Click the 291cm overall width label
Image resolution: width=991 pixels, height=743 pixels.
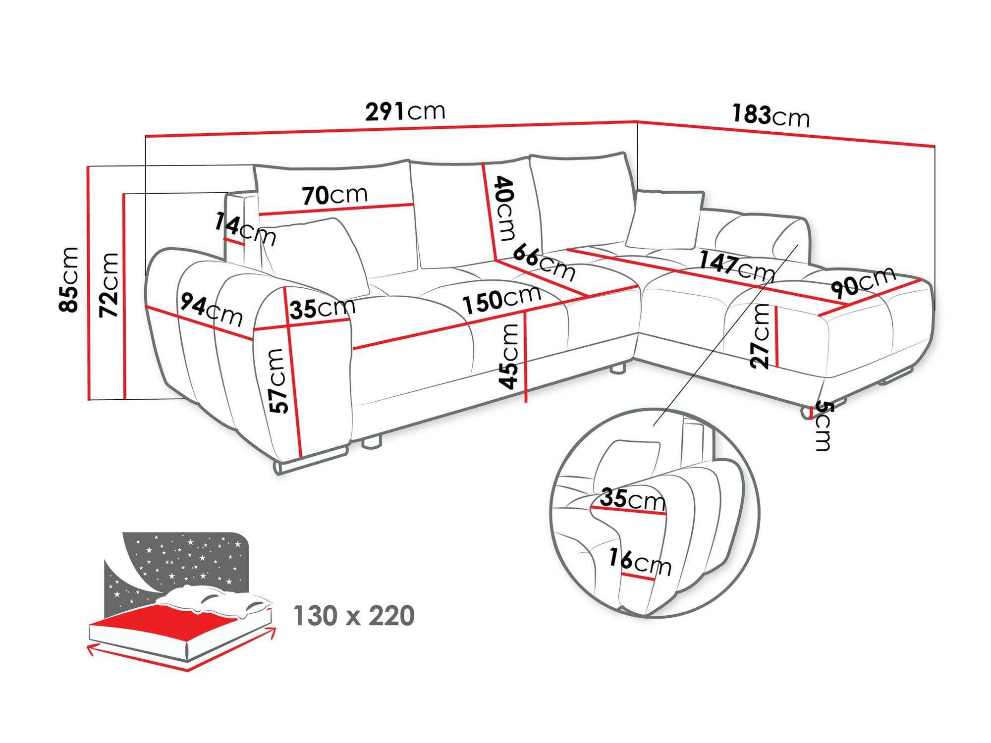coord(405,111)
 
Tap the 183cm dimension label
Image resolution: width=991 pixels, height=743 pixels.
coord(771,116)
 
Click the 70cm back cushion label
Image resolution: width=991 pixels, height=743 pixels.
coord(335,195)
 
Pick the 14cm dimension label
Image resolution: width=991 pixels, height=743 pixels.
coord(245,228)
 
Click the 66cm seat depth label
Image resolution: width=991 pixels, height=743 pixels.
coord(544,263)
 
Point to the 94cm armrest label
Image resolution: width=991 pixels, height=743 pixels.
coord(212,309)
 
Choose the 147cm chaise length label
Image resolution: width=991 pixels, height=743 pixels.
coord(737,266)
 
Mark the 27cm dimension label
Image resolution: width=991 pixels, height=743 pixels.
coord(760,336)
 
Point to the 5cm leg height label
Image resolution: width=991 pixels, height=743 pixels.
coord(824,426)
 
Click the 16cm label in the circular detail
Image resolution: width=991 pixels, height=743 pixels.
coord(640,562)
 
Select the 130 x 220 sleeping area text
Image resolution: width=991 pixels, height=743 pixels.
coord(354,616)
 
